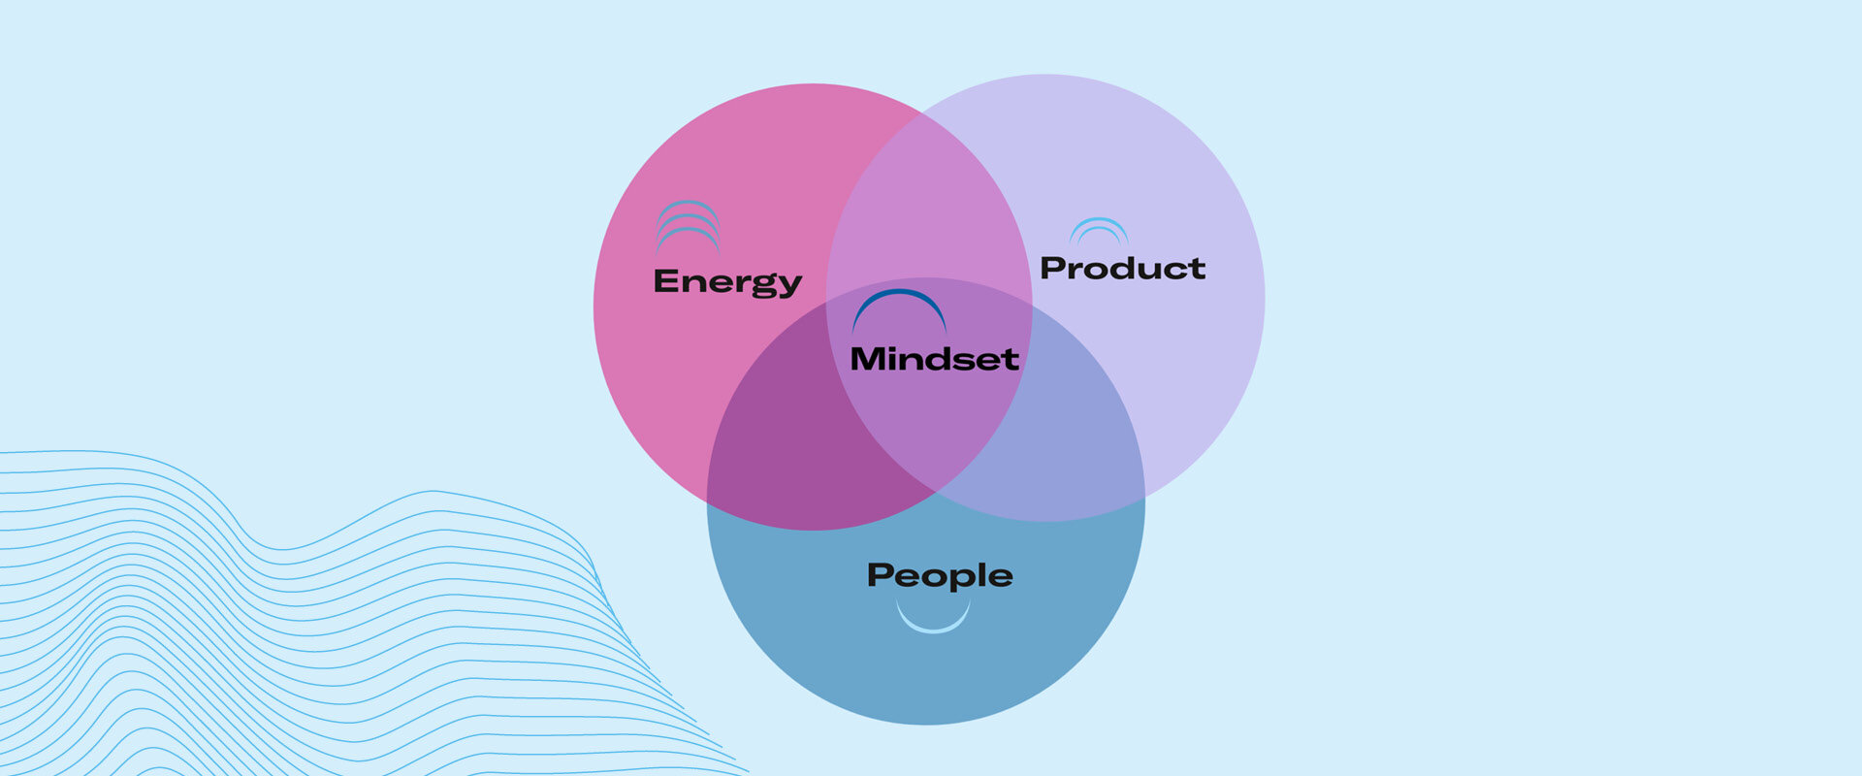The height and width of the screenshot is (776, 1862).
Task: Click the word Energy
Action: [727, 282]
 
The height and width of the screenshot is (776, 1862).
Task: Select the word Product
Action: [1122, 268]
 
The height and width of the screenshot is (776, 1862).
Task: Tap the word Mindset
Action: [934, 358]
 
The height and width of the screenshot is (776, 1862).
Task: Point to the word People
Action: [940, 576]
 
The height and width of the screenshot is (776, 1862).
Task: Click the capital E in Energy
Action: [666, 280]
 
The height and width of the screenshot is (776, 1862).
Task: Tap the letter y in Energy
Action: [788, 286]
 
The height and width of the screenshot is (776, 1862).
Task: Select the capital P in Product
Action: [1053, 268]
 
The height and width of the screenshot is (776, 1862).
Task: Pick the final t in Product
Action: [1197, 269]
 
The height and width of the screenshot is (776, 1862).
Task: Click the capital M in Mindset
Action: [868, 359]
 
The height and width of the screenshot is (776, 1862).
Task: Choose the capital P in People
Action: [881, 574]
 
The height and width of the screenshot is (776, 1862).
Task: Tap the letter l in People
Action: [981, 574]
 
